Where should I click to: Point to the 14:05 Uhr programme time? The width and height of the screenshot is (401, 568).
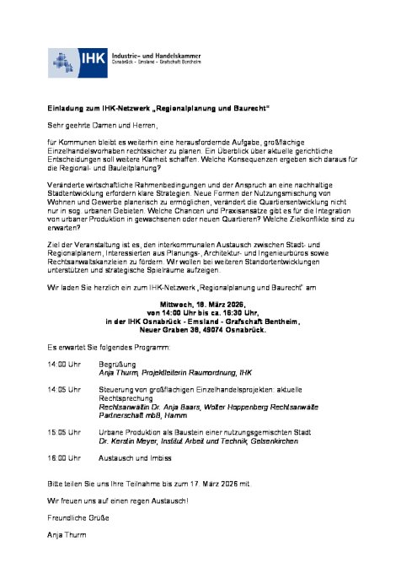63,388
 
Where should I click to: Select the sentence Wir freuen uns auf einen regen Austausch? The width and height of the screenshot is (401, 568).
118,500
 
